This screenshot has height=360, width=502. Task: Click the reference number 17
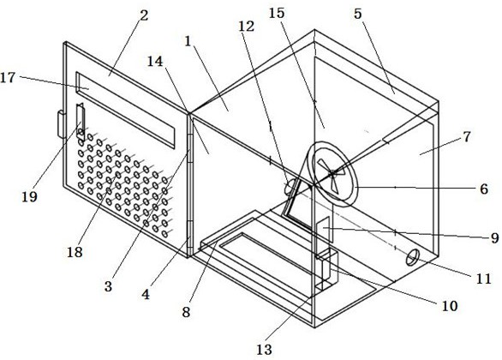pos(8,77)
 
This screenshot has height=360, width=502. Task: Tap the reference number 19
pos(29,196)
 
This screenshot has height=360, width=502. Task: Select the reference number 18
pos(75,252)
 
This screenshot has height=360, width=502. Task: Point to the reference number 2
pos(145,15)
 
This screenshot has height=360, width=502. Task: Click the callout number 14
pos(155,61)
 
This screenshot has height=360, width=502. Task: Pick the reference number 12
pos(246,27)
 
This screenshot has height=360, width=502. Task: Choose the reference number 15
pos(277,13)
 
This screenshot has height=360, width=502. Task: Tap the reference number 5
pos(357,14)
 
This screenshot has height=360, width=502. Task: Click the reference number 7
pos(467,137)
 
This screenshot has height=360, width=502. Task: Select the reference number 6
pos(484,189)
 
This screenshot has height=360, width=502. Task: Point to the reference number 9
pos(495,237)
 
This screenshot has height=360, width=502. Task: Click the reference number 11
pos(484,279)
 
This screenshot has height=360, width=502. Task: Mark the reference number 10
pos(450,306)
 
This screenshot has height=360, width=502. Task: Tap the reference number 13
pos(264,350)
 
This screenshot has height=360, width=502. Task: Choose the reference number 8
pos(187,312)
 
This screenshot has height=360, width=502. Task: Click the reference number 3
pos(108,286)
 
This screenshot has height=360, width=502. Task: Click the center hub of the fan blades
pos(332,174)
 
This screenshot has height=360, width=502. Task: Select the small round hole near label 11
pos(412,257)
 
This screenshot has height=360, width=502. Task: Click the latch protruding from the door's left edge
pos(61,124)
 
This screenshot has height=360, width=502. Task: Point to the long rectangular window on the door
pos(125,111)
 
